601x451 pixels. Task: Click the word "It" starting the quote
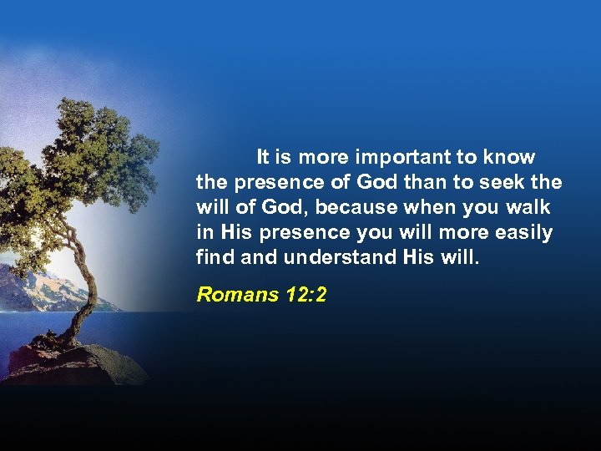click(x=263, y=157)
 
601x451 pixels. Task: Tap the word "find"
click(x=215, y=257)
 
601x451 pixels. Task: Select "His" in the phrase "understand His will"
click(x=417, y=257)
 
